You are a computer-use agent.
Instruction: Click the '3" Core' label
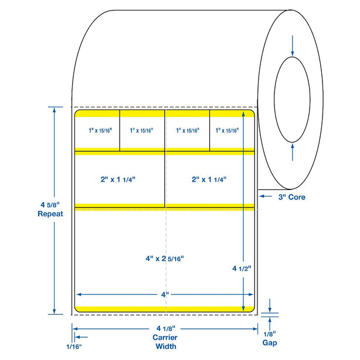pyautogui.click(x=291, y=197)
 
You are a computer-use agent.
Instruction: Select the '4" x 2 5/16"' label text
pyautogui.click(x=165, y=257)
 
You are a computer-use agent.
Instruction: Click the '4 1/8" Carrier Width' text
pyautogui.click(x=165, y=338)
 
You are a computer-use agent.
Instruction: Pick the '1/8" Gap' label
pyautogui.click(x=270, y=338)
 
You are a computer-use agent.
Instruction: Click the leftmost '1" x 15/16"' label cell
pyautogui.click(x=97, y=131)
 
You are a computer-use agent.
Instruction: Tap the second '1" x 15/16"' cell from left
pyautogui.click(x=142, y=131)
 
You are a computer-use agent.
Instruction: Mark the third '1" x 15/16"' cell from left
pyautogui.click(x=187, y=131)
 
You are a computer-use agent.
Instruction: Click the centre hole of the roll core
pyautogui.click(x=292, y=100)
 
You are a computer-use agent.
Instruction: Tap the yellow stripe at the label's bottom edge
pyautogui.click(x=165, y=308)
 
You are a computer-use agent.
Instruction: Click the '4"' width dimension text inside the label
pyautogui.click(x=165, y=293)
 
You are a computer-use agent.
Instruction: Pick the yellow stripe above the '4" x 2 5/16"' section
pyautogui.click(x=165, y=205)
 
